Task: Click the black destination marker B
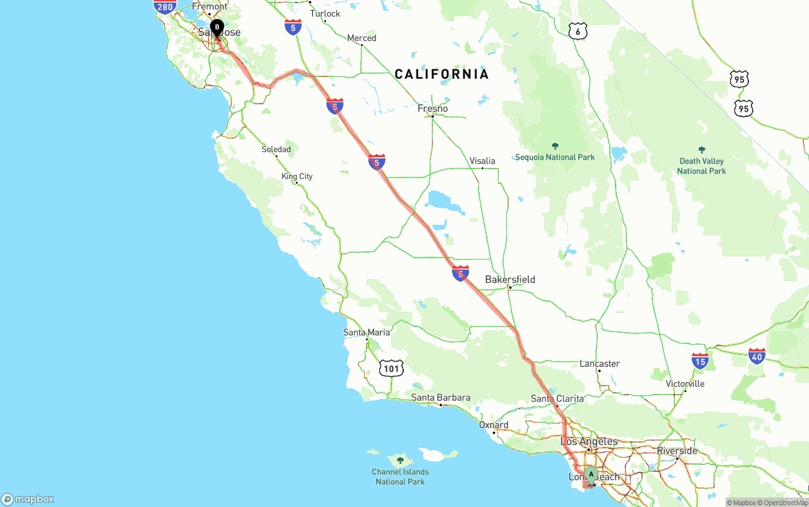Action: coord(217,28)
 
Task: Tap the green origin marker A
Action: coord(591,474)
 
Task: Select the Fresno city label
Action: coord(432,109)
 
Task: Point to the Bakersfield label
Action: coord(510,280)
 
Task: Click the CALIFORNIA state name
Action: coord(442,75)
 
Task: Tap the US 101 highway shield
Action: coord(391,368)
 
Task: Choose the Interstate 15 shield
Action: coord(700,361)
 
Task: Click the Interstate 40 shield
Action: coord(757,356)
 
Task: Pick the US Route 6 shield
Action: coord(578,32)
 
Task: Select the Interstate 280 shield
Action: coord(164,7)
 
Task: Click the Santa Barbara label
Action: coord(441,398)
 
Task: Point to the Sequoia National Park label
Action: coord(555,157)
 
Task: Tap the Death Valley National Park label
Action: coord(702,166)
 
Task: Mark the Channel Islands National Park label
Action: coord(400,477)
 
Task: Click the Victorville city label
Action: coord(685,384)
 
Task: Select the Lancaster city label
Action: coord(599,364)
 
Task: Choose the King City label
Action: coord(297,177)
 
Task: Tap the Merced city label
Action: coord(362,39)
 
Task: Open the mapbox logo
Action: coord(28,499)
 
